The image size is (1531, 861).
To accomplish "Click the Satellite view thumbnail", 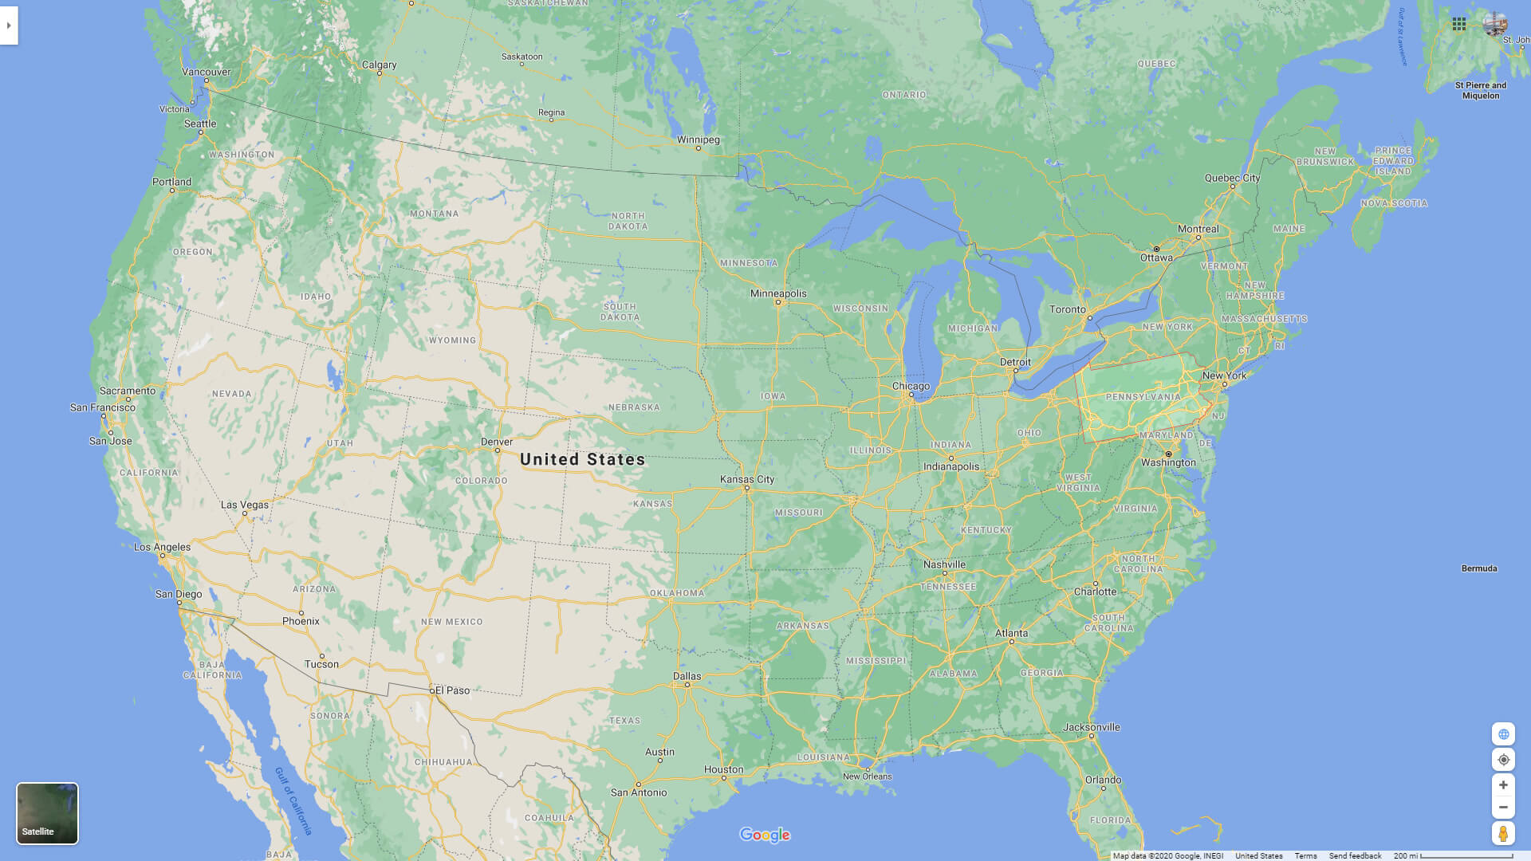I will pyautogui.click(x=47, y=812).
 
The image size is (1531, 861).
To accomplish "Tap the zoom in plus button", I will pyautogui.click(x=1503, y=785).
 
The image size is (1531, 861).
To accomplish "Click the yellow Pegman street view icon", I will pyautogui.click(x=1503, y=834).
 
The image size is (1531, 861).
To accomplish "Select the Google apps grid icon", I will pyautogui.click(x=1459, y=24).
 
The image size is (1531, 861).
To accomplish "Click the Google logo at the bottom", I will pyautogui.click(x=765, y=835).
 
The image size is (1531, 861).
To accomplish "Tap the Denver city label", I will pyautogui.click(x=497, y=442).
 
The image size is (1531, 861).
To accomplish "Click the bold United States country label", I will pyautogui.click(x=582, y=459).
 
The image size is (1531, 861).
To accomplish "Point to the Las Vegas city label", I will pyautogui.click(x=245, y=505).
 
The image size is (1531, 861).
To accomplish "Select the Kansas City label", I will pyautogui.click(x=747, y=479).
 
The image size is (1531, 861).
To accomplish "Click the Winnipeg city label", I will pyautogui.click(x=699, y=140).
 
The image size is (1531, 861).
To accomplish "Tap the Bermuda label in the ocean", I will pyautogui.click(x=1479, y=568).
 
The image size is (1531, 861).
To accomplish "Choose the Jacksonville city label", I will pyautogui.click(x=1092, y=727).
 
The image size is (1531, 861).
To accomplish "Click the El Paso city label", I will pyautogui.click(x=452, y=690).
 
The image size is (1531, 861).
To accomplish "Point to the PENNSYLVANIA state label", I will pyautogui.click(x=1143, y=397).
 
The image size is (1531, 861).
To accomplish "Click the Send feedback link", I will pyautogui.click(x=1355, y=855).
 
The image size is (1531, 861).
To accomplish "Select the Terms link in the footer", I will pyautogui.click(x=1305, y=855).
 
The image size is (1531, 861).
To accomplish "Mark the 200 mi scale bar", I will pyautogui.click(x=1453, y=855).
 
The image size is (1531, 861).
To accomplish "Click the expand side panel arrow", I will pyautogui.click(x=9, y=26).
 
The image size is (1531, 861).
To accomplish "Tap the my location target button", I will pyautogui.click(x=1503, y=760).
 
